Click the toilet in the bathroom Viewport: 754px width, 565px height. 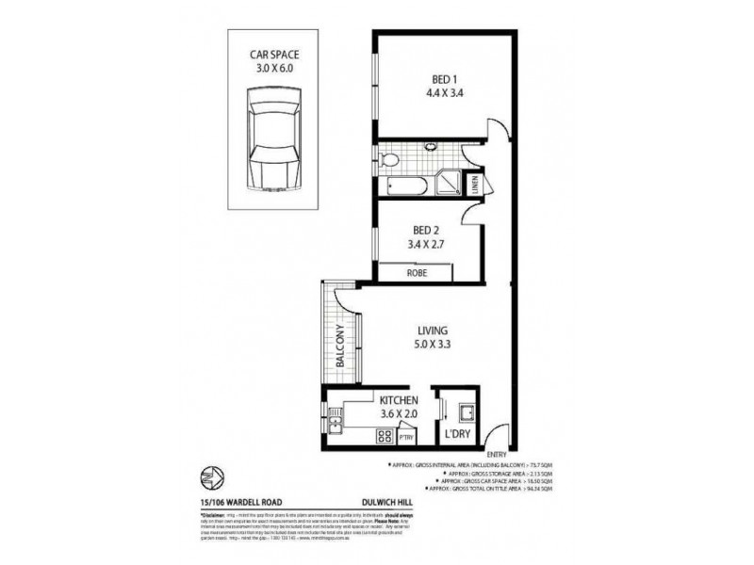[x=386, y=155]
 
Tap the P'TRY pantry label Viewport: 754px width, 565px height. [x=407, y=437]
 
